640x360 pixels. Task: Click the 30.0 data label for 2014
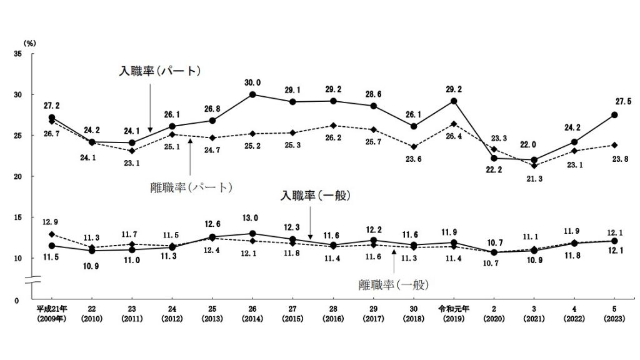(252, 82)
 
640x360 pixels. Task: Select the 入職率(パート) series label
(160, 71)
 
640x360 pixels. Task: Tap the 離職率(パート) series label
(191, 187)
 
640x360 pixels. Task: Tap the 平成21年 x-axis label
(51, 309)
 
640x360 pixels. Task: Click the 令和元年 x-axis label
(454, 309)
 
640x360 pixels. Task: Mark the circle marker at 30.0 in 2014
(252, 94)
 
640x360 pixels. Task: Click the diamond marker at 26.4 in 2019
(454, 124)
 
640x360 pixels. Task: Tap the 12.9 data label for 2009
(51, 221)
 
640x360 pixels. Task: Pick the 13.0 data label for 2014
(252, 219)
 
